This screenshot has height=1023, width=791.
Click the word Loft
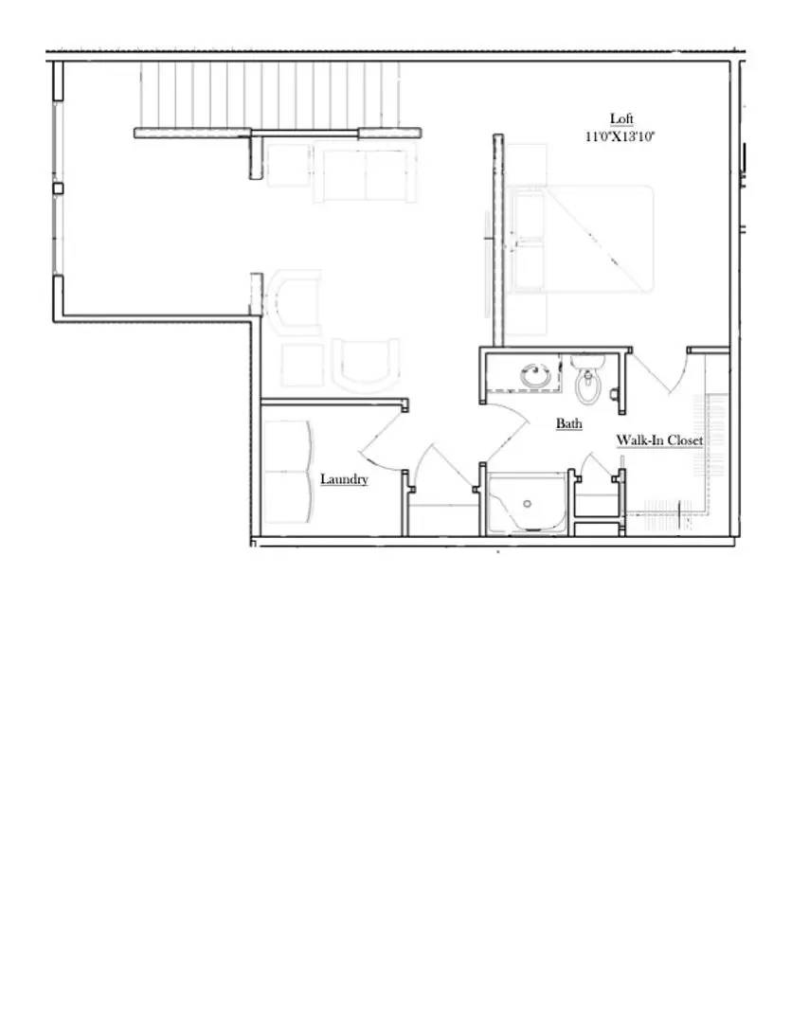pos(621,118)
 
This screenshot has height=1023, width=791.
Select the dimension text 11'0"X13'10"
pos(621,135)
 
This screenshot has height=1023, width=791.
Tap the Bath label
pos(568,423)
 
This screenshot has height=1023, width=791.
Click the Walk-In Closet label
pos(660,440)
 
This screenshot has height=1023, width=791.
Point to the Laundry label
pos(344,479)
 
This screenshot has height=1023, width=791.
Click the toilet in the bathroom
pos(588,381)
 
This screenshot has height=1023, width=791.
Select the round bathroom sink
pos(536,376)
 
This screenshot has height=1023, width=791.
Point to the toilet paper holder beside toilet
pos(615,391)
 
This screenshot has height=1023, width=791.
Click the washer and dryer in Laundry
pos(287,471)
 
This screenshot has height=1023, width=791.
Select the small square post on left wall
pos(58,189)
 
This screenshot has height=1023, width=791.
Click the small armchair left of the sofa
pos(289,166)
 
